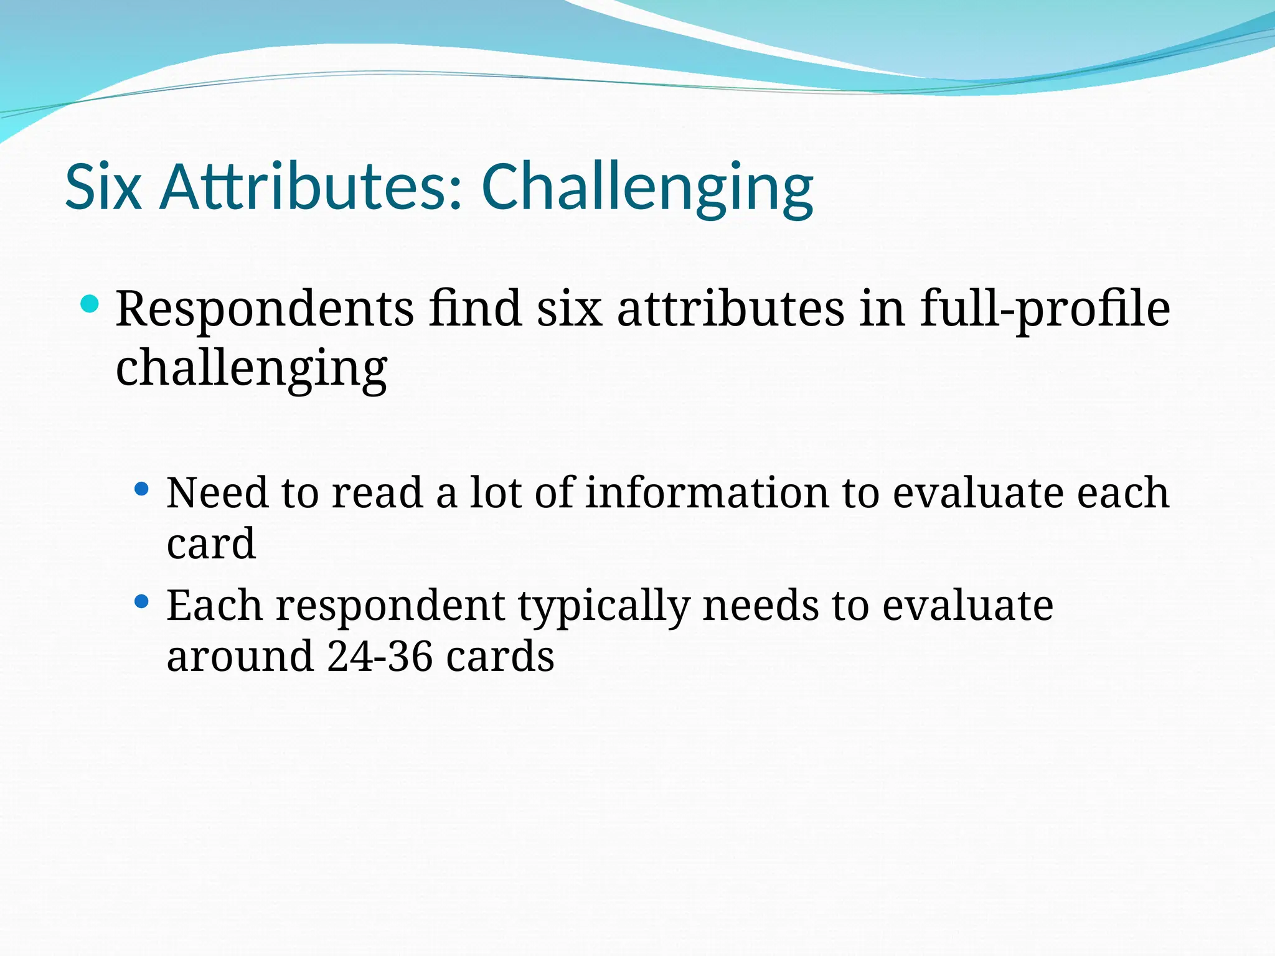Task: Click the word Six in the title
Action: [x=103, y=187]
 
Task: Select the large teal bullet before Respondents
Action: [x=90, y=304]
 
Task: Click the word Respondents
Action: [x=265, y=309]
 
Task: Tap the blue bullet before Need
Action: [x=142, y=489]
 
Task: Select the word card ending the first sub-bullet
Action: [x=211, y=543]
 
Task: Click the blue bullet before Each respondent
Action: [x=142, y=602]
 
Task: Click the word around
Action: [x=240, y=657]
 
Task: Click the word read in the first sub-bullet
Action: [x=377, y=492]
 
